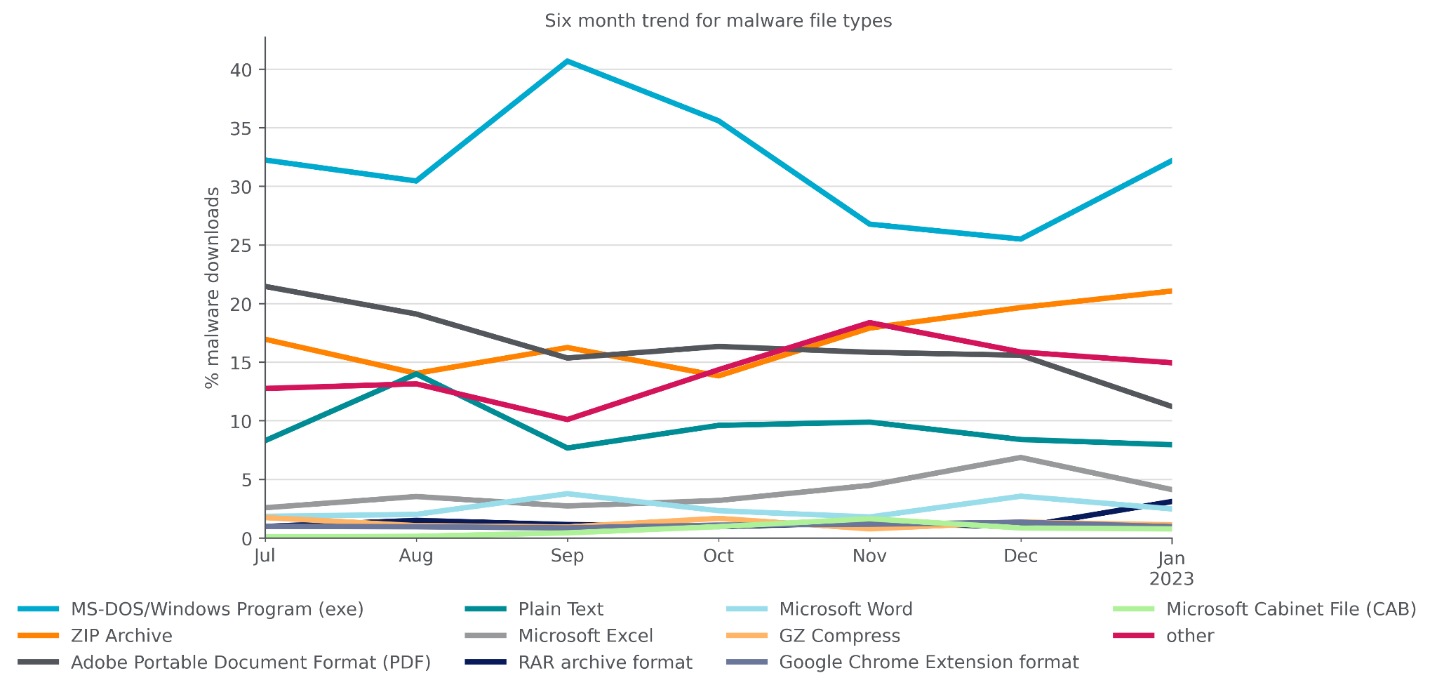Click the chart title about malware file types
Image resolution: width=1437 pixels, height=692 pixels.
coord(718,21)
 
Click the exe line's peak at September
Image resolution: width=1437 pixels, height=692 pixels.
coord(567,62)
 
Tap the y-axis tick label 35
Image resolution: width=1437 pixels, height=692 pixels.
coord(242,128)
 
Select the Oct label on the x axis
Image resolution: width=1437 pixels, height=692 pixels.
coord(718,557)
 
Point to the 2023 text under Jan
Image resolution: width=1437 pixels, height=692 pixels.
coord(1170,579)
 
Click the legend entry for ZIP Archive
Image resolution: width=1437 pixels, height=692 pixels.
coord(121,636)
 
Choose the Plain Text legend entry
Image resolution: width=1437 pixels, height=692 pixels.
coord(560,609)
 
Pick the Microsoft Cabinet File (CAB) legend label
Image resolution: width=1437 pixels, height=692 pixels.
coord(1290,609)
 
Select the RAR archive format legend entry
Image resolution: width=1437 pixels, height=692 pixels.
coord(605,663)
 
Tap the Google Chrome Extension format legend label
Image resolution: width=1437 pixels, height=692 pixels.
coord(928,663)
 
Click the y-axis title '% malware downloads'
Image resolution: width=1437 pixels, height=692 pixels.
coord(212,287)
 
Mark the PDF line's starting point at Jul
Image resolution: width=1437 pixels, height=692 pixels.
coord(266,286)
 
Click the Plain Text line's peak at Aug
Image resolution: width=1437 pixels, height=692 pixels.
coord(417,374)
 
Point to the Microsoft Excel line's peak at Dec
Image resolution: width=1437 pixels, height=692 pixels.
coord(1020,458)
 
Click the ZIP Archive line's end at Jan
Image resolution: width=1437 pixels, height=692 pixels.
coord(1170,291)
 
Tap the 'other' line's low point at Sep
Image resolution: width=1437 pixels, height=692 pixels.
coord(567,420)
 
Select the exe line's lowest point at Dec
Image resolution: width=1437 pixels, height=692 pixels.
coord(1020,239)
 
